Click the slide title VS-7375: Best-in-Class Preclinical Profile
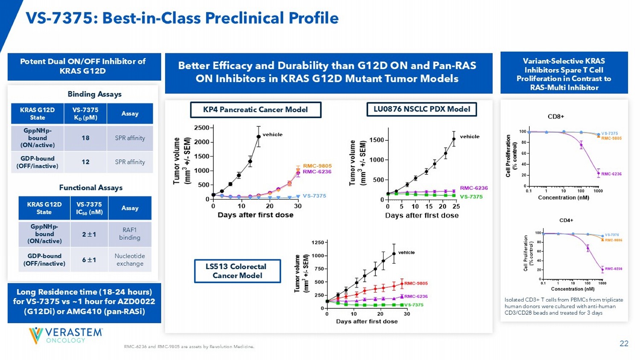182,18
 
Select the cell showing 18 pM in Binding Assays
85,138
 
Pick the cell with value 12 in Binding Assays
85,162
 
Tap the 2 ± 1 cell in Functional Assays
89,234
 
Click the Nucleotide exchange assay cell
130,260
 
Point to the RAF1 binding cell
130,234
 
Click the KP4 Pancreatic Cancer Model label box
255,110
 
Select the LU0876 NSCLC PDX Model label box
422,109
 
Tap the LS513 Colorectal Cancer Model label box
237,271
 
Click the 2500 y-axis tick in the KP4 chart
201,128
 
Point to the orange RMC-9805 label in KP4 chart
317,166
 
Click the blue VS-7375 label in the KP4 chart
314,196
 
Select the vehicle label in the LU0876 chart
469,136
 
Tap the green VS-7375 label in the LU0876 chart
471,197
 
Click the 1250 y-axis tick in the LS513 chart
318,242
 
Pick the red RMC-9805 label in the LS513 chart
416,283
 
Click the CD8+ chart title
556,116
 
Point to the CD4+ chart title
566,221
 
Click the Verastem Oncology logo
66,335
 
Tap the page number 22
624,343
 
